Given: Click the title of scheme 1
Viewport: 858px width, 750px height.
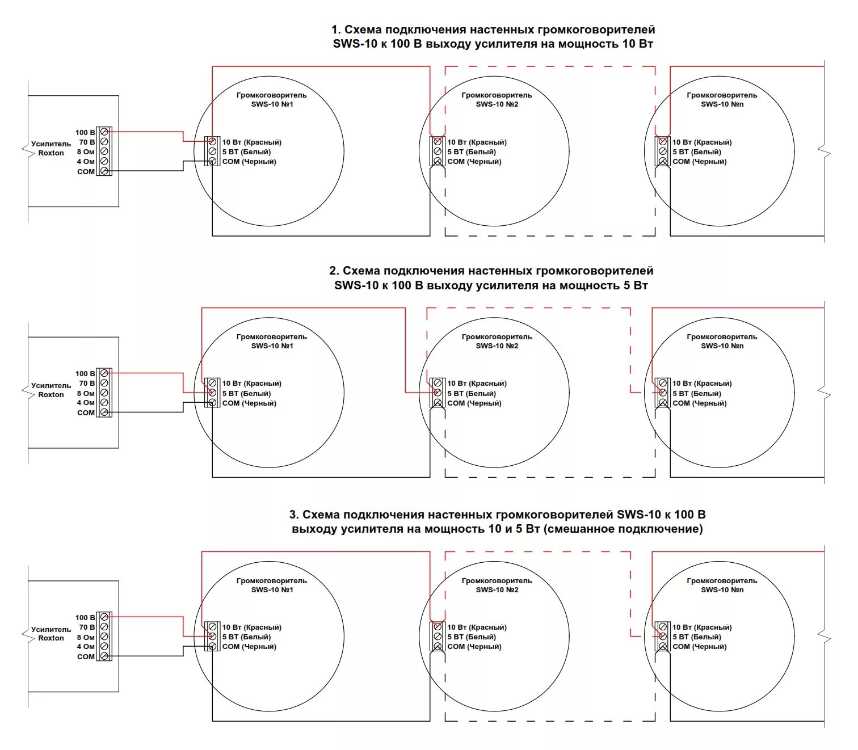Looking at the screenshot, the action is pos(493,37).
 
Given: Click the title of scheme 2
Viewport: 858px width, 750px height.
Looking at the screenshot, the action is pos(491,278).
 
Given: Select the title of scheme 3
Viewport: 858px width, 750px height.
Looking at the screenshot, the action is pos(497,521).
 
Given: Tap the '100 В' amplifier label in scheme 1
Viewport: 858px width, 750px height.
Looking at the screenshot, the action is pos(85,133).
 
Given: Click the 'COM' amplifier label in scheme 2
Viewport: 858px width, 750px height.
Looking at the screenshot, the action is pos(86,412).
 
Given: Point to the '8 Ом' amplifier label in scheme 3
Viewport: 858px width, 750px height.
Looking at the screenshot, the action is pos(86,637).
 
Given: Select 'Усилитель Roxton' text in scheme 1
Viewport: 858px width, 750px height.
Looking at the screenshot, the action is pos(51,149).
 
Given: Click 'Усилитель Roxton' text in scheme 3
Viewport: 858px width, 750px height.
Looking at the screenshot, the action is pos(51,634).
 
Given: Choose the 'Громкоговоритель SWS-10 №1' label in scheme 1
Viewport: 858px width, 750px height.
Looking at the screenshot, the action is pos(272,100).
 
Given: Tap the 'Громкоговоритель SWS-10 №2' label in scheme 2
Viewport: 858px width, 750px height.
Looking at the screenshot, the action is pos(497,341).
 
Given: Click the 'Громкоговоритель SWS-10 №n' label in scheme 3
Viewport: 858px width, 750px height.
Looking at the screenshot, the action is pos(722,585).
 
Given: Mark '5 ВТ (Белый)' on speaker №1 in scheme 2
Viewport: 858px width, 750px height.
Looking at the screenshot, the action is pos(246,393).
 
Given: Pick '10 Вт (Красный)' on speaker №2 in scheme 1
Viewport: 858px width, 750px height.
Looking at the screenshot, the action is pos(477,142).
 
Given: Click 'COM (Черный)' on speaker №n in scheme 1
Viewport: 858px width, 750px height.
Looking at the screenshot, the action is pos(699,162).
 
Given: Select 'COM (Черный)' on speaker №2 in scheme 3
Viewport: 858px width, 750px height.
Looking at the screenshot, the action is pos(474,647).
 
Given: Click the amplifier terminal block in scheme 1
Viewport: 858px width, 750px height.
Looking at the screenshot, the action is pos(104,151).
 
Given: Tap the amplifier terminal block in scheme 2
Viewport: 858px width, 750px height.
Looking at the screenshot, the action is pos(104,393).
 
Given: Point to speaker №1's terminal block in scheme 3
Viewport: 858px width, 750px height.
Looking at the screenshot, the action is pos(212,637).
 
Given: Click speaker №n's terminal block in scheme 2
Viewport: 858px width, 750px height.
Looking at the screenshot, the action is pos(662,393).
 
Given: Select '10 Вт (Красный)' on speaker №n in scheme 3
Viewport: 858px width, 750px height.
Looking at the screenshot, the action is pos(702,627).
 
